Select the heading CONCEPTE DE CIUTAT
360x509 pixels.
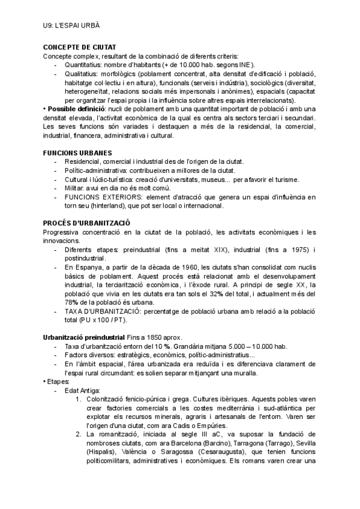click(80, 47)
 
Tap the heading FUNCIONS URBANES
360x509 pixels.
click(77, 153)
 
